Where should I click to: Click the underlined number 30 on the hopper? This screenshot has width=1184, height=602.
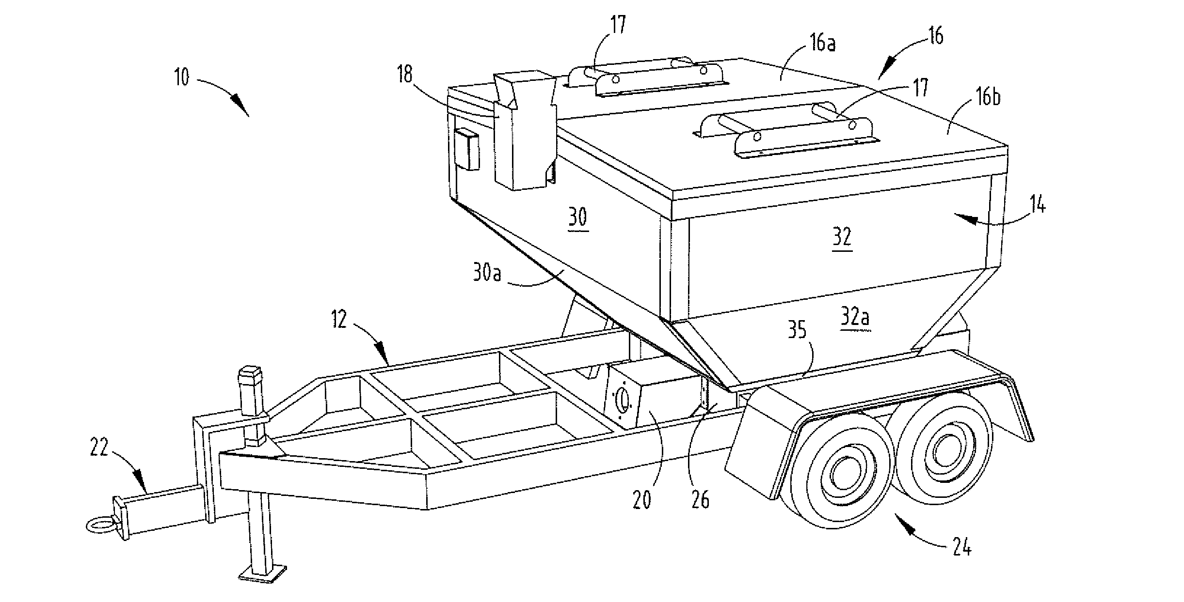pyautogui.click(x=577, y=218)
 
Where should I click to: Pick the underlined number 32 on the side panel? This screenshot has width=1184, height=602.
pyautogui.click(x=842, y=238)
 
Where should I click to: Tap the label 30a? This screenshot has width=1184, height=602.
pyautogui.click(x=487, y=274)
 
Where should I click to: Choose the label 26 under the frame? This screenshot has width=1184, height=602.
pyautogui.click(x=701, y=499)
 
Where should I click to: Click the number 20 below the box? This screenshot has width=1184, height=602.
pyautogui.click(x=642, y=500)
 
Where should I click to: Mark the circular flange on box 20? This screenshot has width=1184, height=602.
pyautogui.click(x=622, y=401)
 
